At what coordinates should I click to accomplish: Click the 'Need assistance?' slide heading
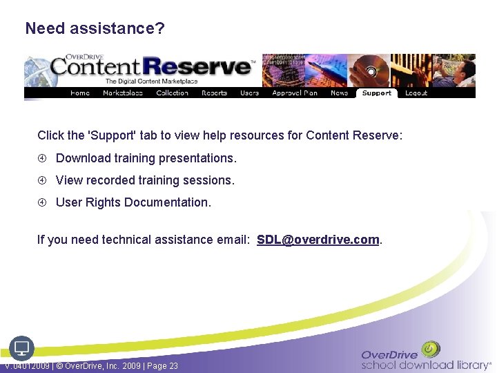coord(95,29)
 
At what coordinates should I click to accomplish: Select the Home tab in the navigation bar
coord(80,93)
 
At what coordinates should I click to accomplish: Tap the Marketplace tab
coord(122,93)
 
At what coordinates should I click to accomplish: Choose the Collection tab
coord(172,93)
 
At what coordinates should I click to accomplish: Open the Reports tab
coord(214,93)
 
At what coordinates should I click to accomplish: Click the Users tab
coord(249,93)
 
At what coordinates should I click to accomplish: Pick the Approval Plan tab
coord(295,93)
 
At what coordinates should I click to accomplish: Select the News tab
coord(339,93)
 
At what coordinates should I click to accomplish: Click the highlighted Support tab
coord(376,93)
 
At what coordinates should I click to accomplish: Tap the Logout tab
coord(416,93)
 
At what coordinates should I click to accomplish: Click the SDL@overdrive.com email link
coord(318,240)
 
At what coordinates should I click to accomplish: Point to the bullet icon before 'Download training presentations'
coord(42,158)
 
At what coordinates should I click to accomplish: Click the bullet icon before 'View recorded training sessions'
coord(42,180)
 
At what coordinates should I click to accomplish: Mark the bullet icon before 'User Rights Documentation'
coord(42,202)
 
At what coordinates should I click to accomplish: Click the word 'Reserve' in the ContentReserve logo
coord(206,67)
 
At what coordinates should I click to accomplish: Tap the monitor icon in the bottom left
coord(21,347)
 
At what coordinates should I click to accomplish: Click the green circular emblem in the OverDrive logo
coord(431,349)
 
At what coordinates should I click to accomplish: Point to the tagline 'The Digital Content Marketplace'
coord(151,82)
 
